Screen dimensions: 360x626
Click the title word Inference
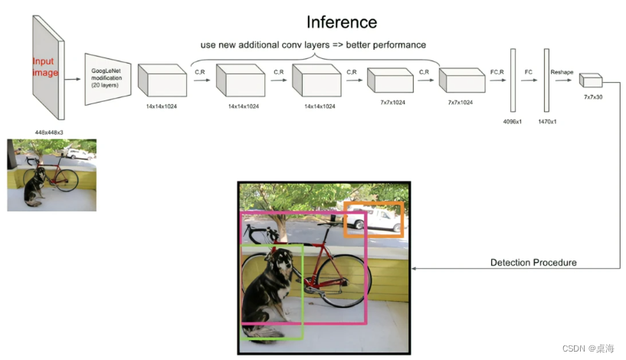coord(341,21)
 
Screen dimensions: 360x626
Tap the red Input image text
coord(45,67)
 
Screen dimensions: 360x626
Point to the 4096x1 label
coord(513,122)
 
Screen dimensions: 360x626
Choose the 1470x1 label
coord(547,122)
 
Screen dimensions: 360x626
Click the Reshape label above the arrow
coord(562,71)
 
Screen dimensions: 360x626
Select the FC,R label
coord(497,71)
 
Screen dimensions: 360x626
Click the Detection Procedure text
coord(533,263)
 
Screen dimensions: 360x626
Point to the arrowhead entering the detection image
coord(415,269)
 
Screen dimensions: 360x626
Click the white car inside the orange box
coord(375,220)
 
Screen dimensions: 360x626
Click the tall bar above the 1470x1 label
coord(546,80)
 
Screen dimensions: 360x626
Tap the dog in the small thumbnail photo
coord(32,188)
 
